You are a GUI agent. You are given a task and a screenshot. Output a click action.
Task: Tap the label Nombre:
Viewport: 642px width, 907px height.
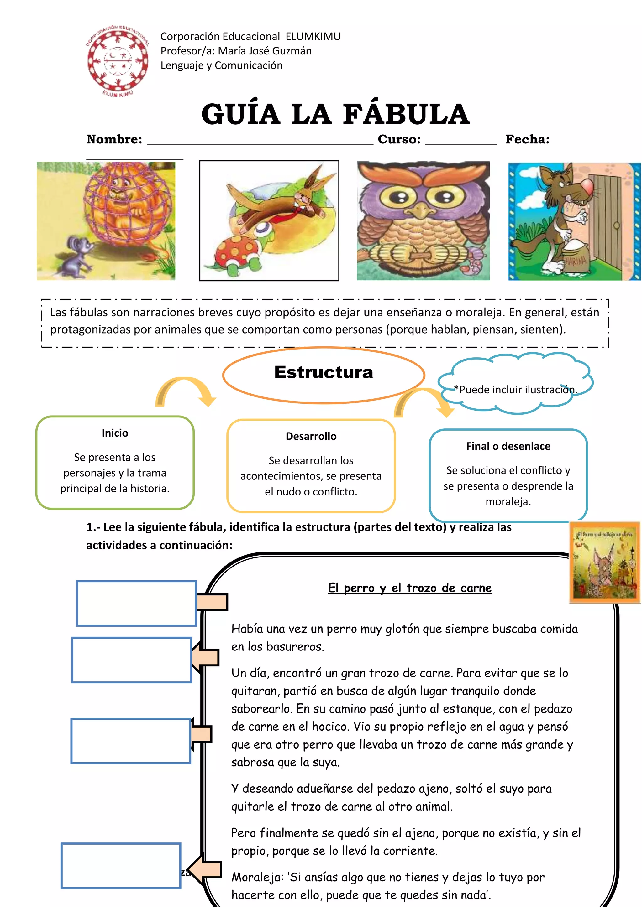point(114,139)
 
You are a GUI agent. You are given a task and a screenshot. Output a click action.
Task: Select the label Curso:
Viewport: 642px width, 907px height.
point(399,139)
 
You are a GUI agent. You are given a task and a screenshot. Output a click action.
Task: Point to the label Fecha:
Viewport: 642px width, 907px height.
point(527,139)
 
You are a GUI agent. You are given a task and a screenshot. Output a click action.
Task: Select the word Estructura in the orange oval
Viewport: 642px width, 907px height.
point(324,372)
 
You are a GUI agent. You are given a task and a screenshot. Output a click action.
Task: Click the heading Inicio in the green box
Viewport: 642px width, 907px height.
point(115,433)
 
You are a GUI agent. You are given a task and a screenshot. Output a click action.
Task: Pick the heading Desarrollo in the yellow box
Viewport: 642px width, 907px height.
point(311,436)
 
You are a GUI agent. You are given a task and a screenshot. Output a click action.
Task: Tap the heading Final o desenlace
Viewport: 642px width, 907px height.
point(508,446)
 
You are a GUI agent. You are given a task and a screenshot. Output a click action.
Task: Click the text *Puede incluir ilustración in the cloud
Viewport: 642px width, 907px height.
point(515,390)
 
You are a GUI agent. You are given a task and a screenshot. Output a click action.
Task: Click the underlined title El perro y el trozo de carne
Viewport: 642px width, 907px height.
point(409,588)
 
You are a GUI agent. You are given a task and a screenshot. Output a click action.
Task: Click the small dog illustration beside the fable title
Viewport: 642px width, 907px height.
point(604,563)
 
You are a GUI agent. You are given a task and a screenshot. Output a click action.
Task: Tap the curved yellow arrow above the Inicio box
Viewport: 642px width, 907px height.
point(185,391)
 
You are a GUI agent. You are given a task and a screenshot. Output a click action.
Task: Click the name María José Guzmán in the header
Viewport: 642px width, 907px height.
point(265,51)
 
